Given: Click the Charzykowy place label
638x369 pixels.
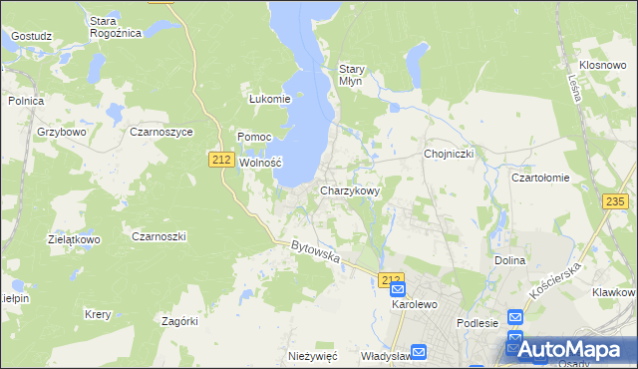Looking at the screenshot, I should point(350,189).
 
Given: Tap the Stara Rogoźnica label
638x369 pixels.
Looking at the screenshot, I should point(116,26).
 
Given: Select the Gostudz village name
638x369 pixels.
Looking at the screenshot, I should point(32,36).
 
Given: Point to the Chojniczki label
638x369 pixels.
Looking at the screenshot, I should point(449,154).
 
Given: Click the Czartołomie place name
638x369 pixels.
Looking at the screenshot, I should point(540,178).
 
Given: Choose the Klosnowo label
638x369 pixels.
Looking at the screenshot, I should point(602,63).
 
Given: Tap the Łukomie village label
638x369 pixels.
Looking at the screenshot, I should point(269,99).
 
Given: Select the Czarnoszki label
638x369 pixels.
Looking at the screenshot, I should point(159,236).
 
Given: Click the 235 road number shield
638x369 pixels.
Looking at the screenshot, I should point(615,201).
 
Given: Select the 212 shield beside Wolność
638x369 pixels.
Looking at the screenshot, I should point(221,159).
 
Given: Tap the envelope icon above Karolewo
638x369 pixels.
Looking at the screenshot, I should point(398,287).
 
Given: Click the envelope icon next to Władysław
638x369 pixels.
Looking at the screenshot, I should point(419,352).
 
